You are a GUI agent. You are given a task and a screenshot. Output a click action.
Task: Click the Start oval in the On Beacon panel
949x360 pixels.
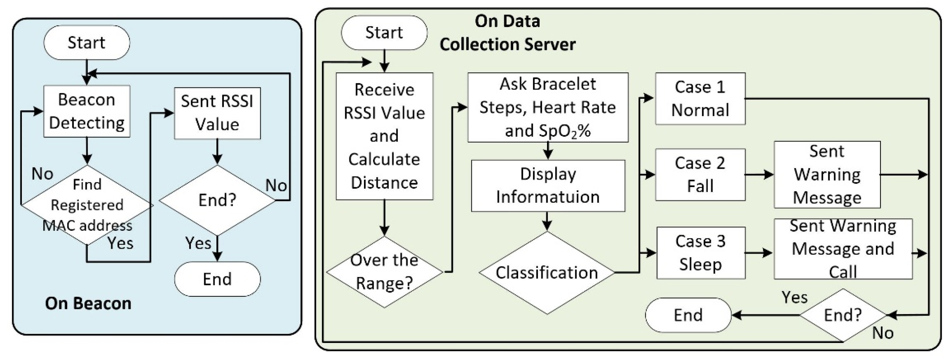point(87,42)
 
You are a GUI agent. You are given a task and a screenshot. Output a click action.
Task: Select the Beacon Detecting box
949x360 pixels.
point(87,111)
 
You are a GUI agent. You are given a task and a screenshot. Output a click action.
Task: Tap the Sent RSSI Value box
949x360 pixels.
point(217,113)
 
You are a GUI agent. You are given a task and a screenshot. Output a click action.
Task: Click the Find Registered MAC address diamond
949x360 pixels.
point(87,205)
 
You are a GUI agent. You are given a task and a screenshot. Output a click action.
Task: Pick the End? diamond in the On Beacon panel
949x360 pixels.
point(217,200)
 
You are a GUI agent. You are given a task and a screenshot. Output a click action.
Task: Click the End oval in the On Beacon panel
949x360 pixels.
point(217,279)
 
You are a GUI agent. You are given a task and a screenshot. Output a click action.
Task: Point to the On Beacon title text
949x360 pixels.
point(88,303)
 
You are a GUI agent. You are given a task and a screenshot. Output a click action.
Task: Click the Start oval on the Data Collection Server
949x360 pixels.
point(384,33)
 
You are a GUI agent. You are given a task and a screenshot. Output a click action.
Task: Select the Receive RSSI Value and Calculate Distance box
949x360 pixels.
point(384,136)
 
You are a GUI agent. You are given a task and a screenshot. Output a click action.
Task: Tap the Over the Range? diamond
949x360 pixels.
point(384,272)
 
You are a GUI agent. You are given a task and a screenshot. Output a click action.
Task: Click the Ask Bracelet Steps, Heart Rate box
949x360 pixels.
point(548,107)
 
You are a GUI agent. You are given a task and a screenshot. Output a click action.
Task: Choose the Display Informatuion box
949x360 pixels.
point(548,185)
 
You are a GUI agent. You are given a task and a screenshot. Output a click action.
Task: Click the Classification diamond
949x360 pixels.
point(547,273)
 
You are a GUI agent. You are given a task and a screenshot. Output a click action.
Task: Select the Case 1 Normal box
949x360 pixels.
point(700,99)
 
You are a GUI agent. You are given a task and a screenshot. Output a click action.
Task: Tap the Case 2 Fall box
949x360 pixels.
point(700,175)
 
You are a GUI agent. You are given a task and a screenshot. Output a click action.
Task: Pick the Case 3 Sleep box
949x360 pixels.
point(701,253)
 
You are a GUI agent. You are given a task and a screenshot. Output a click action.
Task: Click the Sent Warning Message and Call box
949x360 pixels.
point(843,249)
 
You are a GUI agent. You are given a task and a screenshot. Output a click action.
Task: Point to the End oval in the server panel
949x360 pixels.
point(688,315)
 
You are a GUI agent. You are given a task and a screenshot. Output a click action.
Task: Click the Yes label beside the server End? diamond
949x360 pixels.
point(795,297)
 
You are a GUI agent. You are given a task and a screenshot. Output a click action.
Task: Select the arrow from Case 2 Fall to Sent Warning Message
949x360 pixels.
point(759,175)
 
